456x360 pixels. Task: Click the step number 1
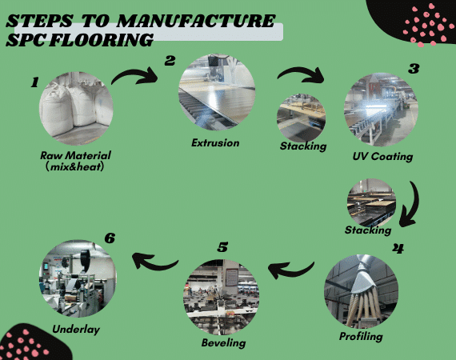pyautogui.click(x=34, y=82)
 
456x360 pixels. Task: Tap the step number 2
pyautogui.click(x=170, y=61)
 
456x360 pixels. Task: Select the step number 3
pyautogui.click(x=414, y=68)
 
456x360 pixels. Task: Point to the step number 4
pyautogui.click(x=398, y=248)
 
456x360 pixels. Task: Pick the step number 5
pyautogui.click(x=222, y=247)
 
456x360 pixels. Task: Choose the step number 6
pyautogui.click(x=110, y=238)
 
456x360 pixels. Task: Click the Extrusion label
pyautogui.click(x=215, y=142)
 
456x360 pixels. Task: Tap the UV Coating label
pyautogui.click(x=382, y=157)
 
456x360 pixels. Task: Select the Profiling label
pyautogui.click(x=361, y=337)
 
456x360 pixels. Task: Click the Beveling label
pyautogui.click(x=224, y=343)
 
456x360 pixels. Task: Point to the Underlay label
pyautogui.click(x=76, y=330)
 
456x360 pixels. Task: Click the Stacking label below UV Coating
pyautogui.click(x=368, y=230)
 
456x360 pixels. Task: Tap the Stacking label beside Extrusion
pyautogui.click(x=303, y=146)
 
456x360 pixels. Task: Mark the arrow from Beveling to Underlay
pyautogui.click(x=155, y=264)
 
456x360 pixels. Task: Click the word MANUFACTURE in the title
pyautogui.click(x=196, y=21)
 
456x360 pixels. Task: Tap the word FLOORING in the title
pyautogui.click(x=101, y=40)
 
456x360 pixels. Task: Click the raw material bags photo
pyautogui.click(x=76, y=109)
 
